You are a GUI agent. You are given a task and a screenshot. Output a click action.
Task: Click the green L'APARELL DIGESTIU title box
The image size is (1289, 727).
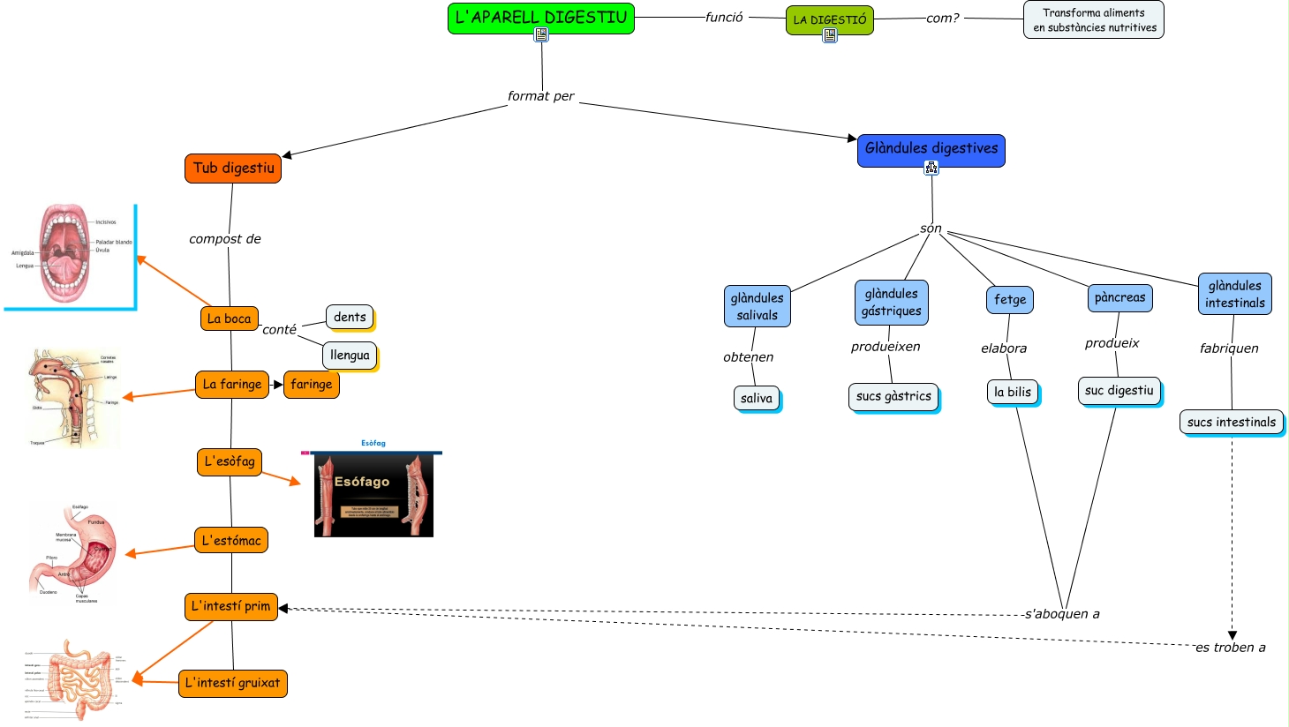[x=540, y=18]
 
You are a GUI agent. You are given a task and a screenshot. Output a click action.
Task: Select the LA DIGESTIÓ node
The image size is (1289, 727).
[x=829, y=19]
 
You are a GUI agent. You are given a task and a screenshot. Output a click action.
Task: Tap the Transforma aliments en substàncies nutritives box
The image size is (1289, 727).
[x=1093, y=19]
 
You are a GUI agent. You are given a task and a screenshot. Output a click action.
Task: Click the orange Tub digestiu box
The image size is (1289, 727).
[x=233, y=169]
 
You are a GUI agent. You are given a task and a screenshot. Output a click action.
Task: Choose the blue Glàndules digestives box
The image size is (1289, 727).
[x=931, y=149]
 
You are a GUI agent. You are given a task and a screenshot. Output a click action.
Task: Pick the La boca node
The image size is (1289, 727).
[x=229, y=319]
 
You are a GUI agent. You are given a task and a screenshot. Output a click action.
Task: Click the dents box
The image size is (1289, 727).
[x=350, y=317]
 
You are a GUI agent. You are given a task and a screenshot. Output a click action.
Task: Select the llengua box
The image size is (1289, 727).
[x=350, y=356]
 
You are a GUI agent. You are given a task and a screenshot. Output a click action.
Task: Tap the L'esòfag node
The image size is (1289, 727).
[x=230, y=461]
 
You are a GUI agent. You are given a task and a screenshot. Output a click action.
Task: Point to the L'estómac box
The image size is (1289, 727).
[x=231, y=541]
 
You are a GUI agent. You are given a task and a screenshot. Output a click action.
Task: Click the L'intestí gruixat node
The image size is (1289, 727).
[x=232, y=683]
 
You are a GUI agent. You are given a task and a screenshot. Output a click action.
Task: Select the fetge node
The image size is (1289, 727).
[x=1009, y=300]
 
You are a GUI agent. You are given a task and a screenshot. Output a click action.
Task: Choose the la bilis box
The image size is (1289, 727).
[x=1012, y=392]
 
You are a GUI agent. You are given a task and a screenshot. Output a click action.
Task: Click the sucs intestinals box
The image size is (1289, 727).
[x=1231, y=423]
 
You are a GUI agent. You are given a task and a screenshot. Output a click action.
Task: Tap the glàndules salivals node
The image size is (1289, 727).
[x=757, y=306]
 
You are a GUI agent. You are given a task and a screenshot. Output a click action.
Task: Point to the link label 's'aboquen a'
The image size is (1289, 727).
[x=1062, y=614]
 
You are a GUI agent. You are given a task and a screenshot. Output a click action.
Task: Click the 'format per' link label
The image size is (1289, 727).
[x=540, y=96]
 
